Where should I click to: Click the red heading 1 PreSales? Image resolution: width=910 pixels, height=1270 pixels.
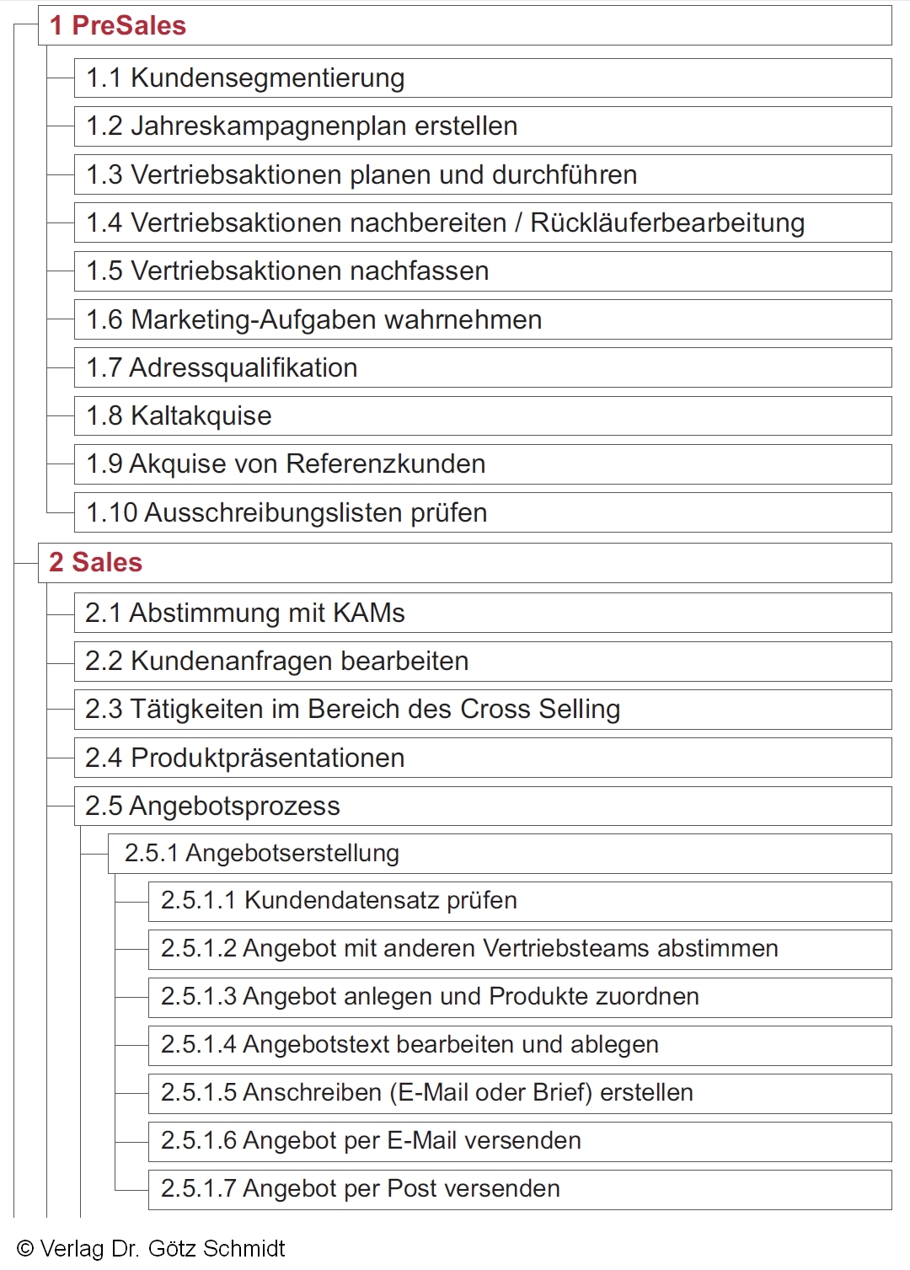click(x=118, y=25)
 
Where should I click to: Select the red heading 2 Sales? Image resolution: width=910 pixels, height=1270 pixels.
click(x=96, y=562)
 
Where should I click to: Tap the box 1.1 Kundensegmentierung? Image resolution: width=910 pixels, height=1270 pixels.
click(x=245, y=78)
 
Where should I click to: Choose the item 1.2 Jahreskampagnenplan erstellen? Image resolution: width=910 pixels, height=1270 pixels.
click(x=302, y=126)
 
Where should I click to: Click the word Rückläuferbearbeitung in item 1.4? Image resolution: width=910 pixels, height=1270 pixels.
click(x=667, y=222)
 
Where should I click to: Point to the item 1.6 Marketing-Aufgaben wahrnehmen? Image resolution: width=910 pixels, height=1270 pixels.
click(x=313, y=319)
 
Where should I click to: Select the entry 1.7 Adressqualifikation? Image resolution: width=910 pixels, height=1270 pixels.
click(x=222, y=367)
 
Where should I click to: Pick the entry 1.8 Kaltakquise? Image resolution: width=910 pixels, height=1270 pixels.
click(x=179, y=415)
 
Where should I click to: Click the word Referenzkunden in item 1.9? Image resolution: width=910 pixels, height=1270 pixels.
click(x=386, y=464)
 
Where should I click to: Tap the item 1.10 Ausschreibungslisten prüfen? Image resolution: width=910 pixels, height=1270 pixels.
click(x=286, y=512)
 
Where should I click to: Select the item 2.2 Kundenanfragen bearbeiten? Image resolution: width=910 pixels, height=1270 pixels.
click(x=276, y=661)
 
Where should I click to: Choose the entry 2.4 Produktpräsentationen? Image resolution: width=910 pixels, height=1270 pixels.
click(x=244, y=758)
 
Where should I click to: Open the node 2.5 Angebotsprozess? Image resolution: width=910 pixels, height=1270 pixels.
click(x=212, y=806)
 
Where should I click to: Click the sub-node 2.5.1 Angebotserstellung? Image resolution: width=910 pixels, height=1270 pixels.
click(x=261, y=853)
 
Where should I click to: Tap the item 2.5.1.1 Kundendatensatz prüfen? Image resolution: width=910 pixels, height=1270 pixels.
click(x=339, y=900)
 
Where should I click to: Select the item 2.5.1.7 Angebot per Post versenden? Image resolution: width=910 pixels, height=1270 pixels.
click(x=360, y=1188)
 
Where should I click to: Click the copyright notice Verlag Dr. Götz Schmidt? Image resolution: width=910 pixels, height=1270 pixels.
click(x=152, y=1248)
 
